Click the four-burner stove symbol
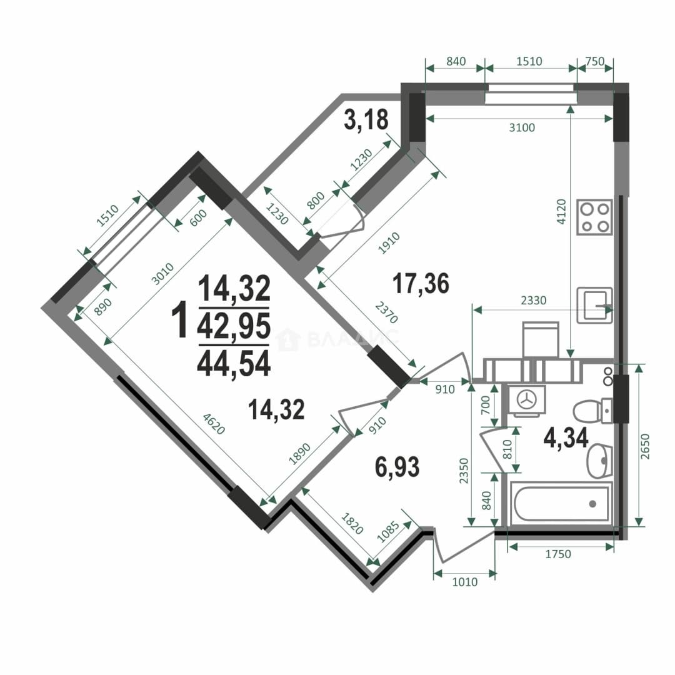tap(594, 217)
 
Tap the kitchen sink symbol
tap(594, 305)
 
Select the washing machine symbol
tap(526, 400)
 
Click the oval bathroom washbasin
tap(599, 461)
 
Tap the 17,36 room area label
tap(421, 283)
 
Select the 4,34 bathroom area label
tap(566, 437)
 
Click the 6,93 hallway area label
tap(397, 467)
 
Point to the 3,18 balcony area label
tap(366, 119)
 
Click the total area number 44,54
tap(234, 363)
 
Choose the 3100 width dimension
tap(522, 127)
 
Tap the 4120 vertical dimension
tap(561, 212)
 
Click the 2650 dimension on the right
tap(644, 446)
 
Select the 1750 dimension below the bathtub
tap(558, 554)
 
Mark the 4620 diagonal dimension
tap(214, 424)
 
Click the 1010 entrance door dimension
tap(465, 582)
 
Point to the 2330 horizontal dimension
tap(533, 300)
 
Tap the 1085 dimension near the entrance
tap(388, 532)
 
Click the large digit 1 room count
tap(179, 321)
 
